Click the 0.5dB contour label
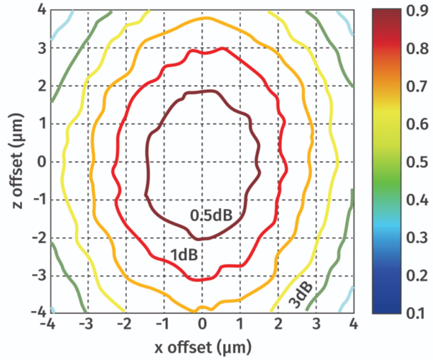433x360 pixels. (211, 215)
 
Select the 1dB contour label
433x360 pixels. (184, 255)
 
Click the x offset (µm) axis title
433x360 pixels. (202, 345)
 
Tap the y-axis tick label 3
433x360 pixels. (41, 48)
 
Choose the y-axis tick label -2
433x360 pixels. (38, 238)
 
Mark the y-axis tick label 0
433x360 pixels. (41, 162)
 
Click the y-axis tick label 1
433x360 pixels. (41, 124)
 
